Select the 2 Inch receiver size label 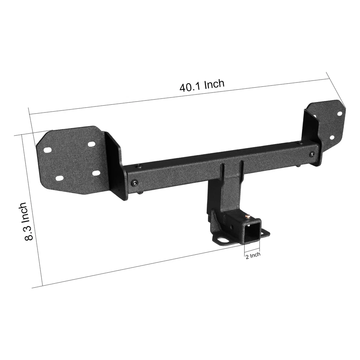coord(252,255)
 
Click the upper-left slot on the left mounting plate coord(48,150)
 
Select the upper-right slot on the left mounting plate coord(91,144)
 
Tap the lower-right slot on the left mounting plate coord(96,173)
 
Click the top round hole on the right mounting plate coord(339,113)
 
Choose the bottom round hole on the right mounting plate coord(331,138)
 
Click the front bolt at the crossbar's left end coord(135,183)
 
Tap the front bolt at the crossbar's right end coord(312,154)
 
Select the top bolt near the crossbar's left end coord(139,166)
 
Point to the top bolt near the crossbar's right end coord(300,143)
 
